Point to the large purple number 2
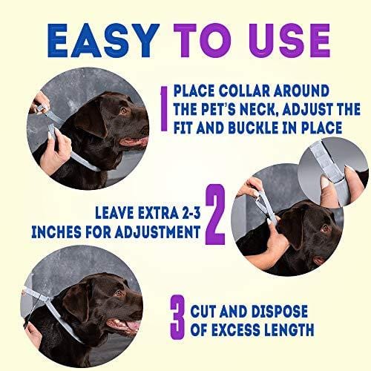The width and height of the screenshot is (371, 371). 215,216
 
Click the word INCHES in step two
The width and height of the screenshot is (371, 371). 59,232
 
